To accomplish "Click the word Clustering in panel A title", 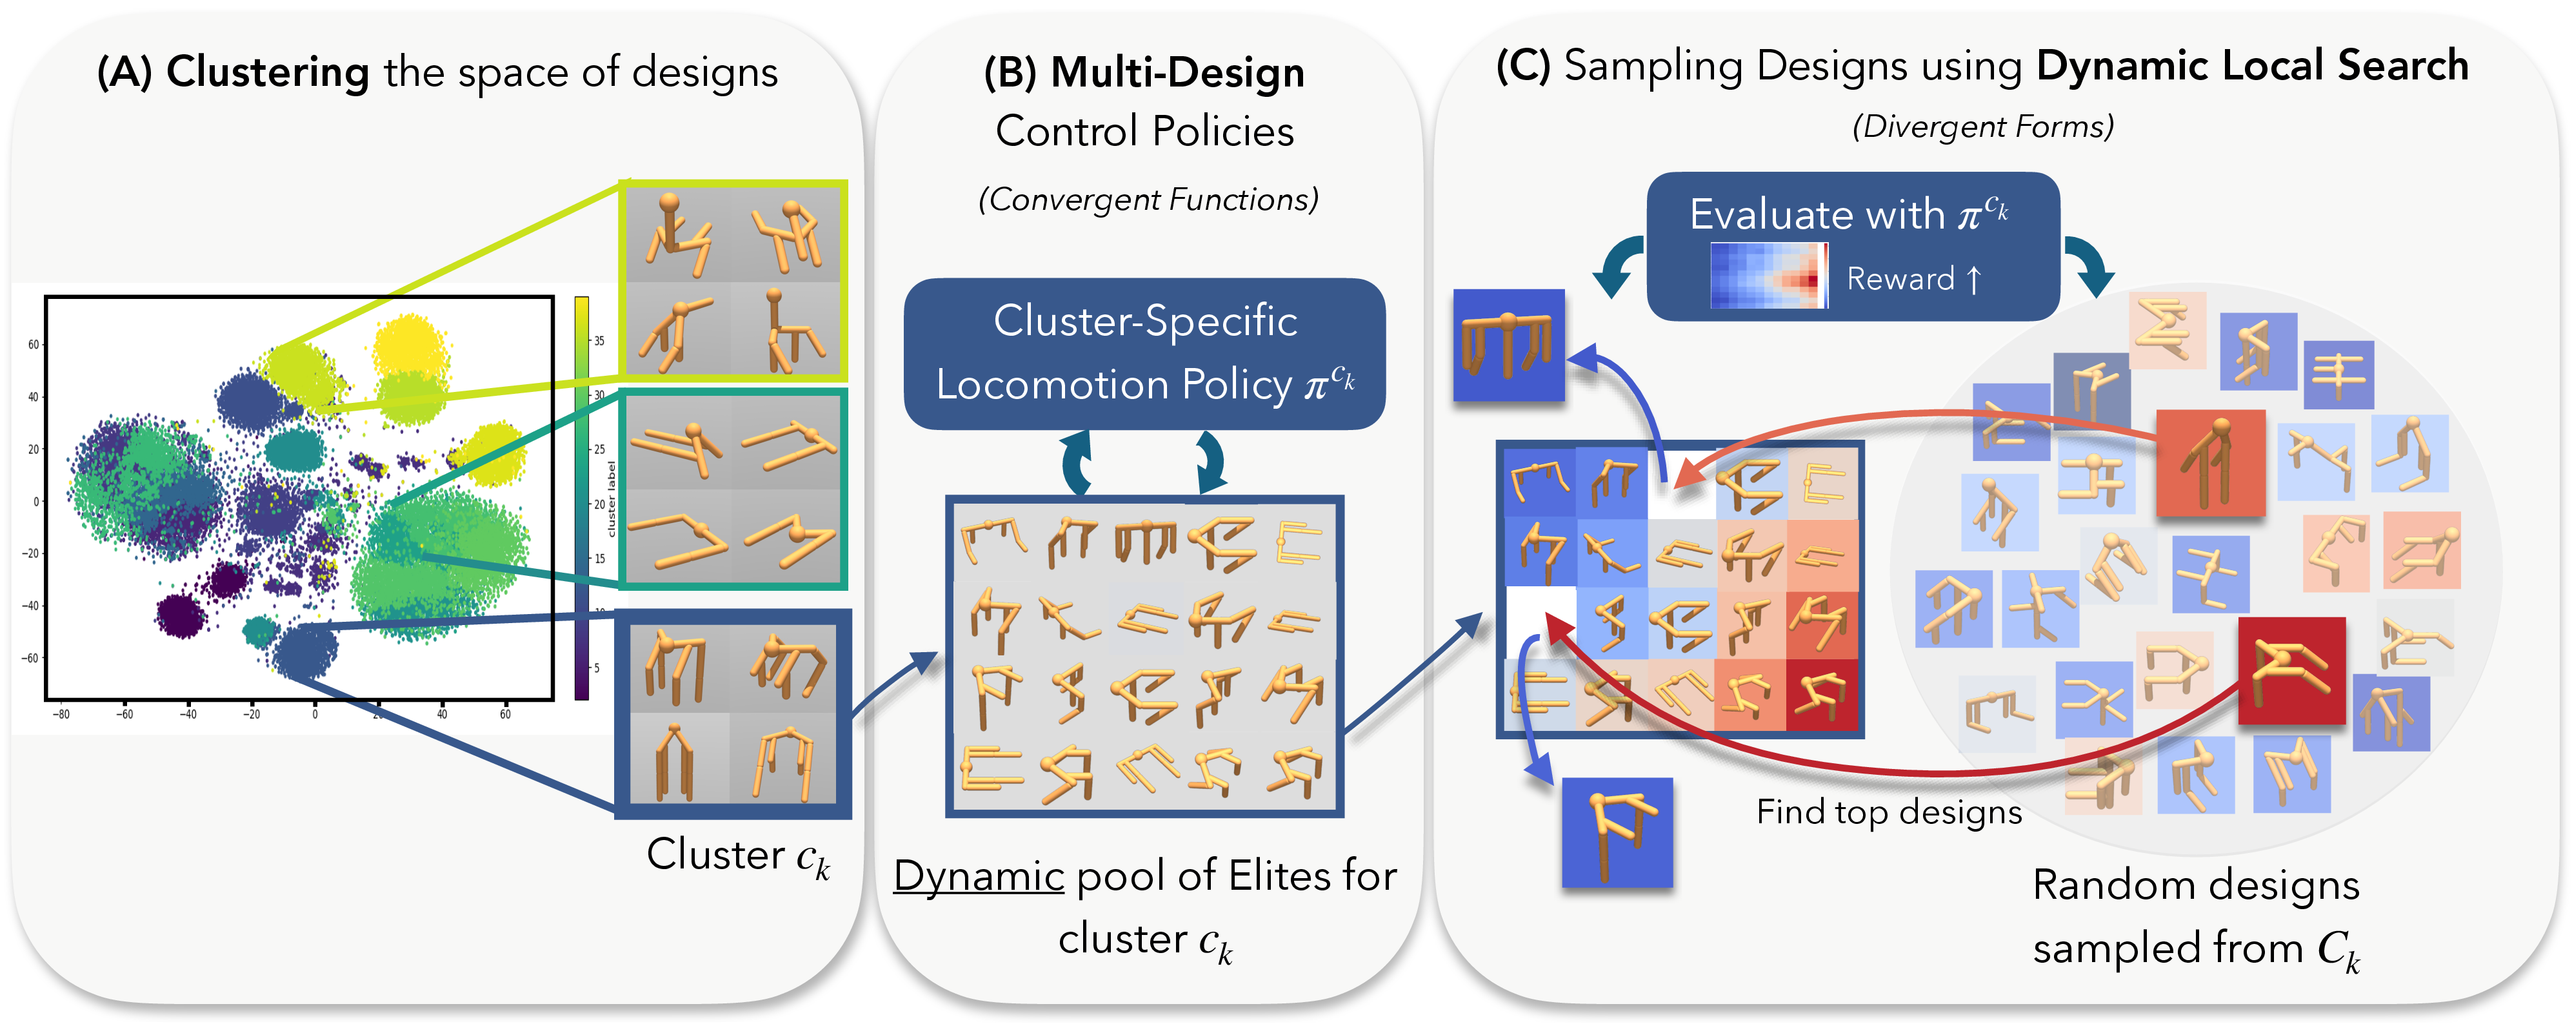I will (x=268, y=72).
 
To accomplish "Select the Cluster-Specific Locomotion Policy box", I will (x=1144, y=354).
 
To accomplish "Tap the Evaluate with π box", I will (x=1852, y=246).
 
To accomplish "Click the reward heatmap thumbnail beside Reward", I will (x=1768, y=276).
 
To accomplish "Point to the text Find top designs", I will (x=1888, y=811).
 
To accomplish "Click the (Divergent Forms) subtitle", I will (x=1983, y=127).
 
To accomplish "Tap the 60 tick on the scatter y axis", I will (x=33, y=345).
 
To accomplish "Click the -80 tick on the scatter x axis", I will (x=61, y=713).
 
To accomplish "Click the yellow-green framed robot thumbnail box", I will (x=734, y=282).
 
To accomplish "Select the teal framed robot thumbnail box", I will (x=734, y=489).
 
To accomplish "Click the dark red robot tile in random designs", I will (x=2291, y=670).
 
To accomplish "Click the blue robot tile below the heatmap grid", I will (x=1617, y=832).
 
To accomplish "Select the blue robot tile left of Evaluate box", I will (x=1508, y=345).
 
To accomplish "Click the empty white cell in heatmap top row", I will (x=1680, y=482).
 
